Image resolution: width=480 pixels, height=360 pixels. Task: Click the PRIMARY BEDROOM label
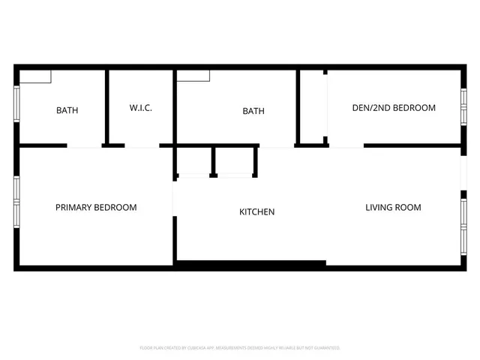(x=96, y=207)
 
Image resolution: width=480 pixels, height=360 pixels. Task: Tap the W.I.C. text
(x=141, y=108)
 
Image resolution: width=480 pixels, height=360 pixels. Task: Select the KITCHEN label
(x=256, y=212)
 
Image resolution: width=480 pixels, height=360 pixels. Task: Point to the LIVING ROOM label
(x=393, y=207)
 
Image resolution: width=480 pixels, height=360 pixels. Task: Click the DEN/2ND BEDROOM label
(x=394, y=108)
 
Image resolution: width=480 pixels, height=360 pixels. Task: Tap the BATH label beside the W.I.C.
(x=67, y=110)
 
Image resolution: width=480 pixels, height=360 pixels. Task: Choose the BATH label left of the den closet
(x=253, y=111)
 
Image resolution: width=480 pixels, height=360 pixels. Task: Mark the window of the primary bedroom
(x=16, y=200)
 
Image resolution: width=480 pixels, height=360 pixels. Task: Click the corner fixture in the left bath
(x=35, y=76)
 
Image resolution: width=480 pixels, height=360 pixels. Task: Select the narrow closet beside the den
(x=313, y=106)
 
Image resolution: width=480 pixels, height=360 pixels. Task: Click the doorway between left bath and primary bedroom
(x=84, y=145)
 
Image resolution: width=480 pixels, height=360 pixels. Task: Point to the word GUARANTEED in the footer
(x=325, y=348)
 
